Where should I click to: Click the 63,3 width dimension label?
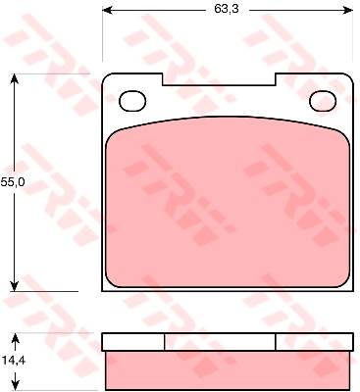click(x=227, y=9)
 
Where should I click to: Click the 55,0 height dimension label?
click(x=13, y=182)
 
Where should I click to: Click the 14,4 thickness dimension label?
click(x=14, y=361)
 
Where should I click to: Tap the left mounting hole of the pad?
click(x=132, y=101)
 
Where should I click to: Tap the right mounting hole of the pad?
click(x=323, y=101)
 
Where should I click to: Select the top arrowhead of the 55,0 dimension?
click(x=14, y=79)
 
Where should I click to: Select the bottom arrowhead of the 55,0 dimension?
click(x=14, y=286)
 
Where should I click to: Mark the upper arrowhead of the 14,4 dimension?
click(x=16, y=338)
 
